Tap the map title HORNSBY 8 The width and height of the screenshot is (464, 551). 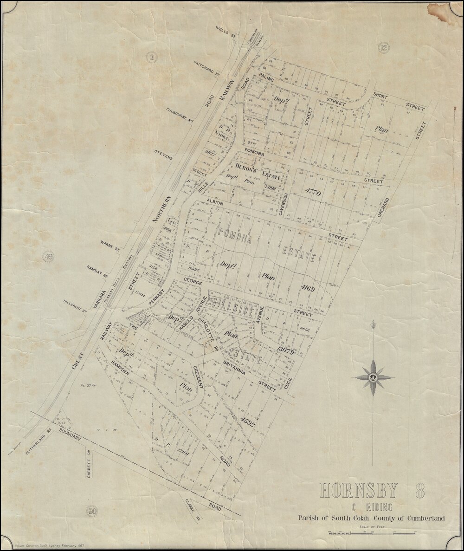[x=372, y=491]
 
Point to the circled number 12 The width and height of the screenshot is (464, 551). [x=382, y=47]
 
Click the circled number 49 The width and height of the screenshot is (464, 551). [x=48, y=256]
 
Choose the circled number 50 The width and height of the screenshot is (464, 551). [x=92, y=511]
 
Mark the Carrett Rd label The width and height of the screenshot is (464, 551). [x=88, y=464]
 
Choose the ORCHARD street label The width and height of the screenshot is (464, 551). [x=383, y=208]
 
